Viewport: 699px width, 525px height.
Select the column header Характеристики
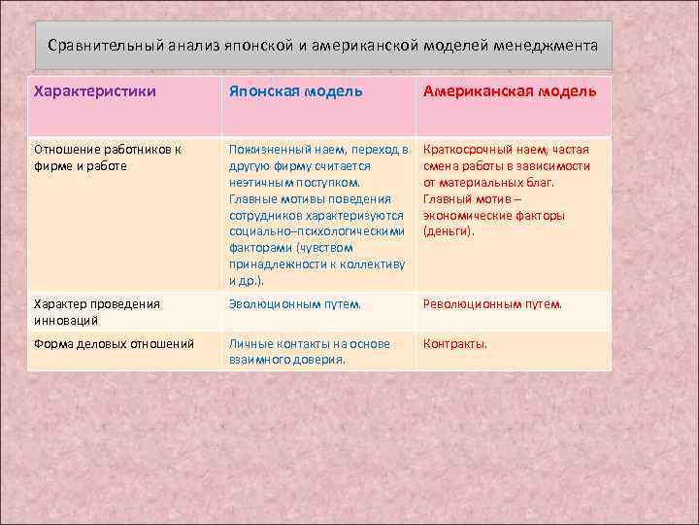(95, 91)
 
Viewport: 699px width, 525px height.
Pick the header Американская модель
(510, 91)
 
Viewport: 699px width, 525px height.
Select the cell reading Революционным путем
(492, 303)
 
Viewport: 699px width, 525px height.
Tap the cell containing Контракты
(454, 343)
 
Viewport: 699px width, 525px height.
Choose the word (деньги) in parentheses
(449, 231)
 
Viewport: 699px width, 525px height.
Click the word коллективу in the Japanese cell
(370, 264)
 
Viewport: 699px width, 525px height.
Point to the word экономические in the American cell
(467, 215)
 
